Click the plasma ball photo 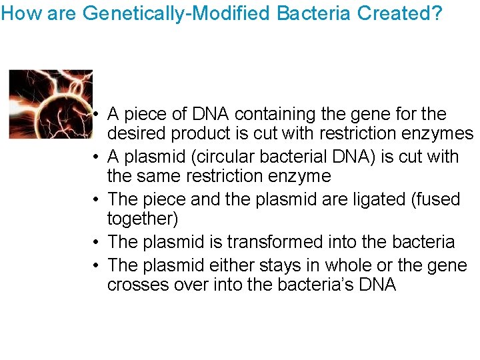coord(51,103)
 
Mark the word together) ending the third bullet coord(143,219)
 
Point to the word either coord(213,265)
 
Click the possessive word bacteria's coord(297,285)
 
